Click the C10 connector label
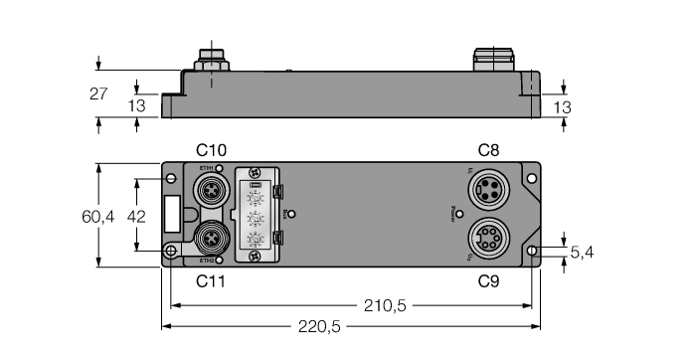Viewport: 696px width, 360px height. point(211,150)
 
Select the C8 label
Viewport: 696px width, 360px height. point(488,150)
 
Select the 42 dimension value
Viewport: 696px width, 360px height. point(115,216)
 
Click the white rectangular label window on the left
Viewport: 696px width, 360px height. point(172,213)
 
